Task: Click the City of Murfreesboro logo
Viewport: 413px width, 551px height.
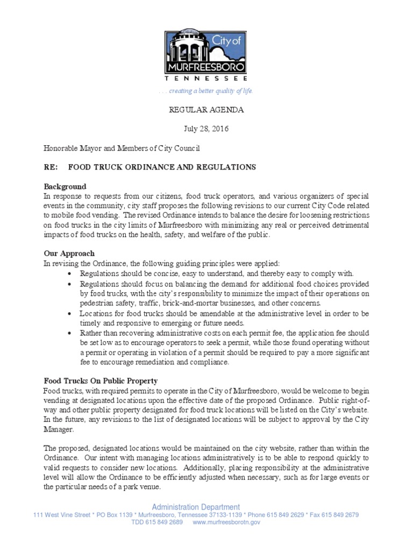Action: pos(206,54)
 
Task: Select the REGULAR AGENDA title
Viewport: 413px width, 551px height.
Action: pos(206,110)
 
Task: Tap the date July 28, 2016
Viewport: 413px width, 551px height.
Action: pos(206,129)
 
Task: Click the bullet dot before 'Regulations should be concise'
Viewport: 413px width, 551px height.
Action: pos(71,274)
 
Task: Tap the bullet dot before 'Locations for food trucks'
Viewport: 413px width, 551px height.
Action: pos(71,313)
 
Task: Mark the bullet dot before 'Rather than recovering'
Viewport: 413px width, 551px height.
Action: pos(71,333)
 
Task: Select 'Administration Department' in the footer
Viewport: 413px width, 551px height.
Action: pos(196,507)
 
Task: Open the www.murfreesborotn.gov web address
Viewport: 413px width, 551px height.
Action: pos(226,522)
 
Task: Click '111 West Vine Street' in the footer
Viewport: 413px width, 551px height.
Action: pos(61,515)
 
